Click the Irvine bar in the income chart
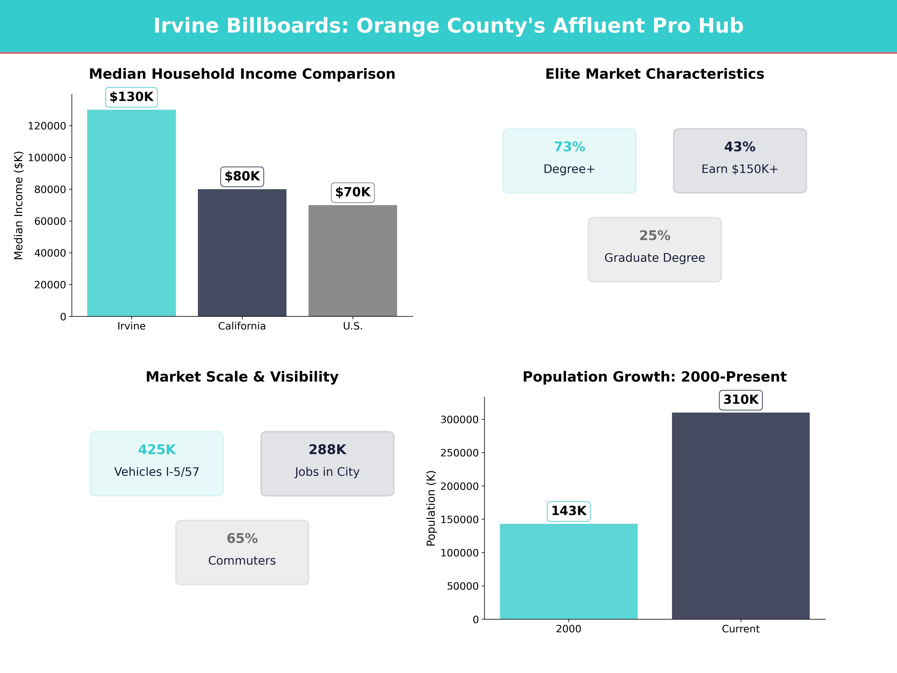pos(131,213)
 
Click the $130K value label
pos(131,97)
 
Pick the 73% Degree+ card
pos(569,161)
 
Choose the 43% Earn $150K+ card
pos(740,161)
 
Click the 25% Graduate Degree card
pos(654,250)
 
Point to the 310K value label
pos(740,400)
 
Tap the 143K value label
pos(568,511)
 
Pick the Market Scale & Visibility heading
pos(242,377)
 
